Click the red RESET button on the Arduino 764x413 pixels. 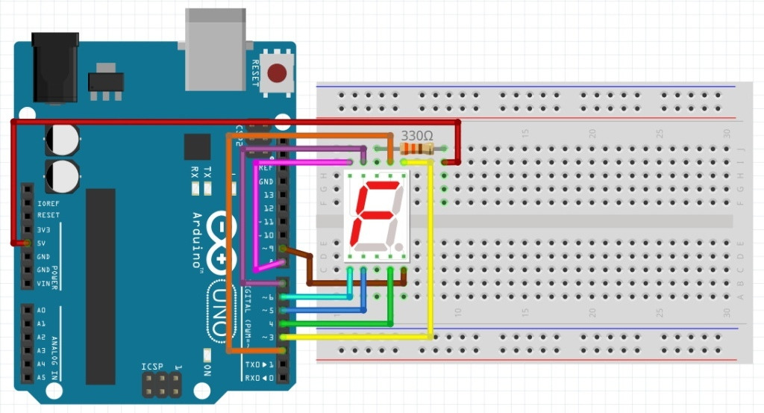tap(278, 73)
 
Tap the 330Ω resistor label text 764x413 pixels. tap(416, 136)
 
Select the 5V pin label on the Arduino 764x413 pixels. tap(43, 243)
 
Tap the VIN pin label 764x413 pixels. tap(44, 284)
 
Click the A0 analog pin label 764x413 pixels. tap(41, 310)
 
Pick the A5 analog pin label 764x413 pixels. tap(41, 378)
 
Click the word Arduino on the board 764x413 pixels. tap(197, 239)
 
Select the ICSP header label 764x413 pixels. tap(152, 367)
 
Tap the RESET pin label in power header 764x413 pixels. tap(48, 216)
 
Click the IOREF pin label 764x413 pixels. tap(47, 202)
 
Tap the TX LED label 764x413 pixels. tap(207, 170)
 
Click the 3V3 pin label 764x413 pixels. tap(43, 230)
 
